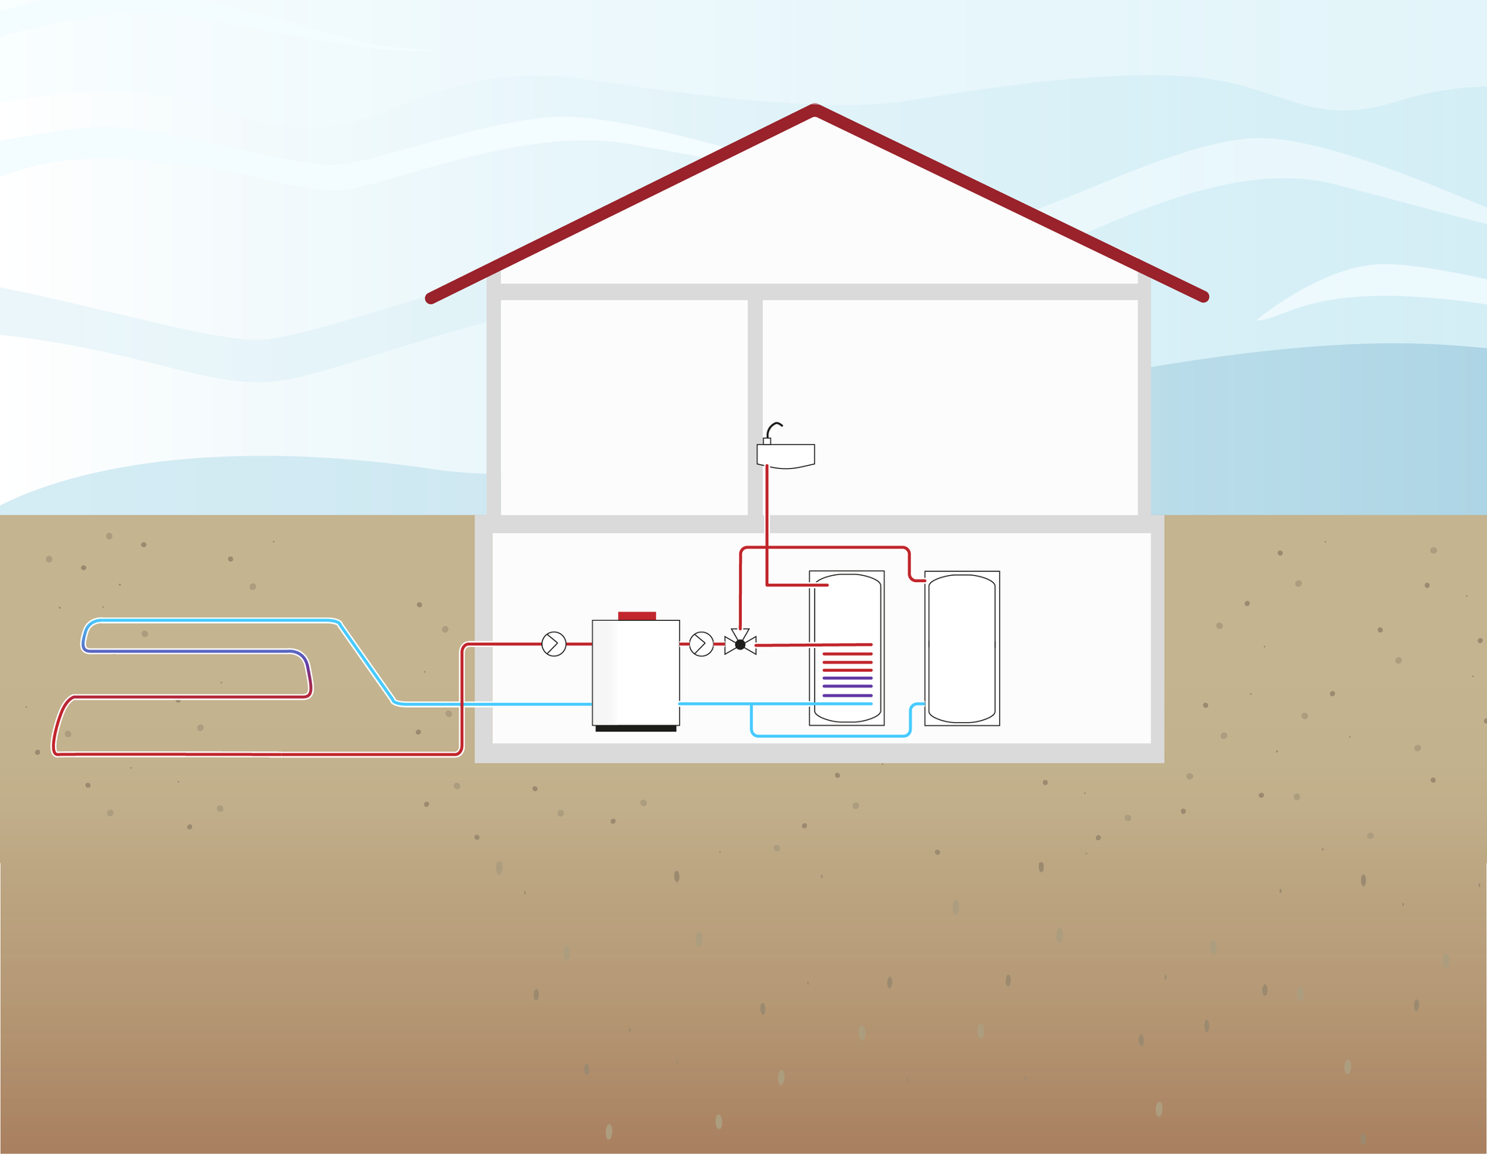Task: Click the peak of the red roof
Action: point(815,111)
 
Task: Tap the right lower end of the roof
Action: point(1203,297)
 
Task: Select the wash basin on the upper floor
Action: point(785,456)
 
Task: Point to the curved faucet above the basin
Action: point(774,429)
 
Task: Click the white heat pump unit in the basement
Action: point(636,673)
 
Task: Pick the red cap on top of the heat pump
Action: point(637,616)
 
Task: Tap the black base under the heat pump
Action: point(636,729)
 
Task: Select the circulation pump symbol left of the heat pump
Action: point(554,644)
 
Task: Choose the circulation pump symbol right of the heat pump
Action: point(702,644)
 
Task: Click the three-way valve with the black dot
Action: point(740,644)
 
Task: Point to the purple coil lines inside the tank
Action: point(847,687)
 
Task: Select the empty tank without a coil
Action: point(962,648)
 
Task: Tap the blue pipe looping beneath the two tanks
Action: point(829,735)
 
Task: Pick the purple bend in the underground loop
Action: point(307,668)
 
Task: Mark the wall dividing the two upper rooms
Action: point(755,407)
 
